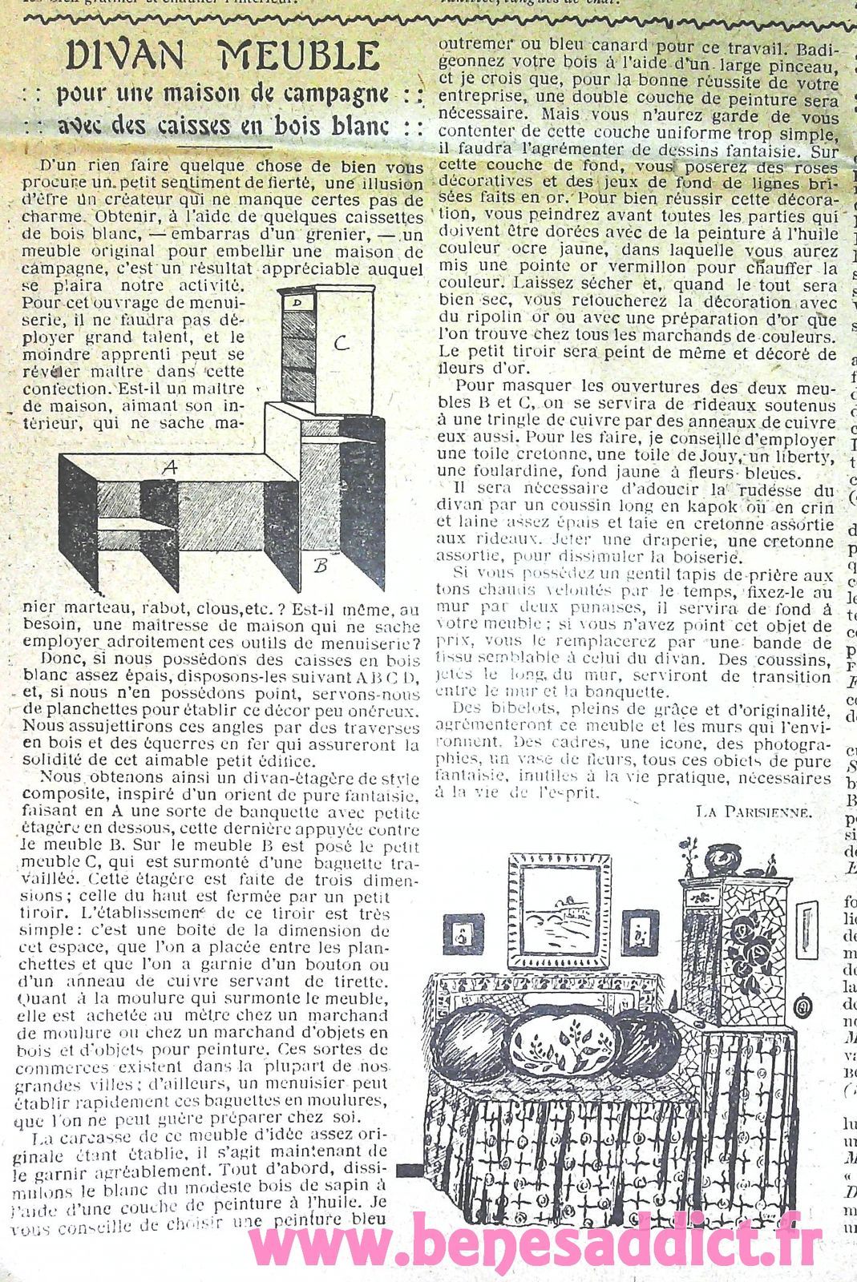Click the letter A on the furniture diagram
pos(169,467)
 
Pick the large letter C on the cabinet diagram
pos(342,344)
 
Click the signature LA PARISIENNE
pos(754,810)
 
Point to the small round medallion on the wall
pos(799,1007)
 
